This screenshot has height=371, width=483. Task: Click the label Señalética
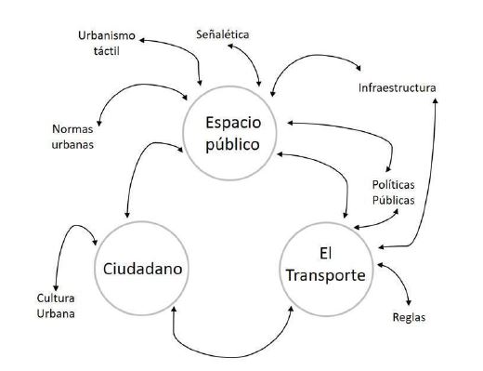click(224, 34)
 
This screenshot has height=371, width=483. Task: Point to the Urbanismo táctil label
click(109, 43)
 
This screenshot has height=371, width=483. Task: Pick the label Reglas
click(409, 317)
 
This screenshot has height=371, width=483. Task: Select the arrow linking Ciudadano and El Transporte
click(232, 351)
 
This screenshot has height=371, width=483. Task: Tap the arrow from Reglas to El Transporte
click(398, 284)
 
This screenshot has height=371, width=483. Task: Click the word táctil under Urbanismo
click(108, 51)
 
